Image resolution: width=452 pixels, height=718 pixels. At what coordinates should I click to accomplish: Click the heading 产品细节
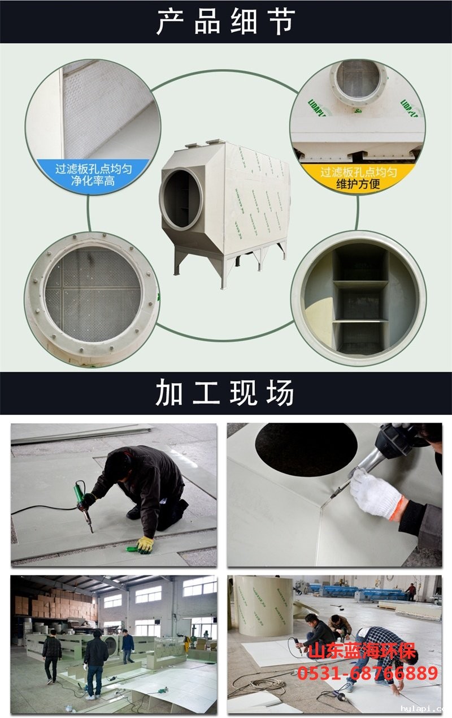226,23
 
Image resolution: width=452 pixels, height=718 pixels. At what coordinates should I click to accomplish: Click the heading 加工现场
226,393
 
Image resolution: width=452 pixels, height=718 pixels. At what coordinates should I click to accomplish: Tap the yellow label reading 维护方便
358,184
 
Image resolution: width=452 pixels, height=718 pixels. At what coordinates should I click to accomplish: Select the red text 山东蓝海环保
362,651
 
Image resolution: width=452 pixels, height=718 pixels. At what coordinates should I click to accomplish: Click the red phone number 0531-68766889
367,673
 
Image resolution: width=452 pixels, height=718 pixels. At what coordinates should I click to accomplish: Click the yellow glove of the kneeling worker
145,544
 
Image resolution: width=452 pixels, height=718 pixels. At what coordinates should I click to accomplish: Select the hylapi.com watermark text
424,708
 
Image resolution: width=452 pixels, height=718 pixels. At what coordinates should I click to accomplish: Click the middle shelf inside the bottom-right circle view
359,285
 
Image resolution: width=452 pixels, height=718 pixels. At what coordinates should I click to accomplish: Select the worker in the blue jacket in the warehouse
128,645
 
